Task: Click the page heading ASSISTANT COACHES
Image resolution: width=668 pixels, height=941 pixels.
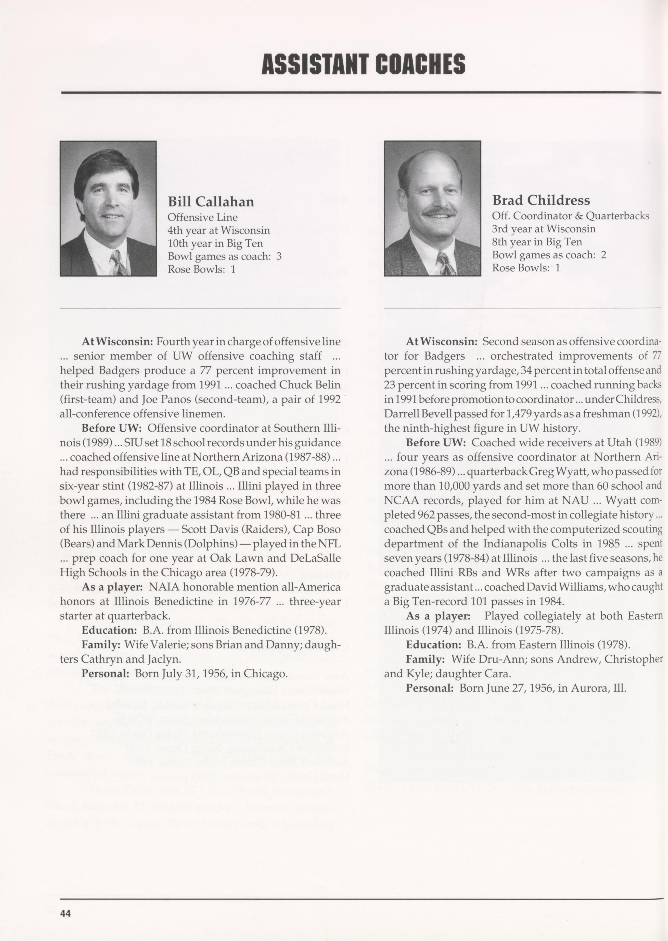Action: click(363, 65)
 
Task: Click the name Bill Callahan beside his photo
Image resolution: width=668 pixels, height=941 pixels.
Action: click(211, 201)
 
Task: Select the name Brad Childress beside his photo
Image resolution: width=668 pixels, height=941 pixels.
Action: click(541, 200)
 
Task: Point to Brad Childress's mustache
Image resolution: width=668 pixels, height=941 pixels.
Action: click(439, 212)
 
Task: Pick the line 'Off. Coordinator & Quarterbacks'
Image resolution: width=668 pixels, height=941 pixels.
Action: click(570, 216)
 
